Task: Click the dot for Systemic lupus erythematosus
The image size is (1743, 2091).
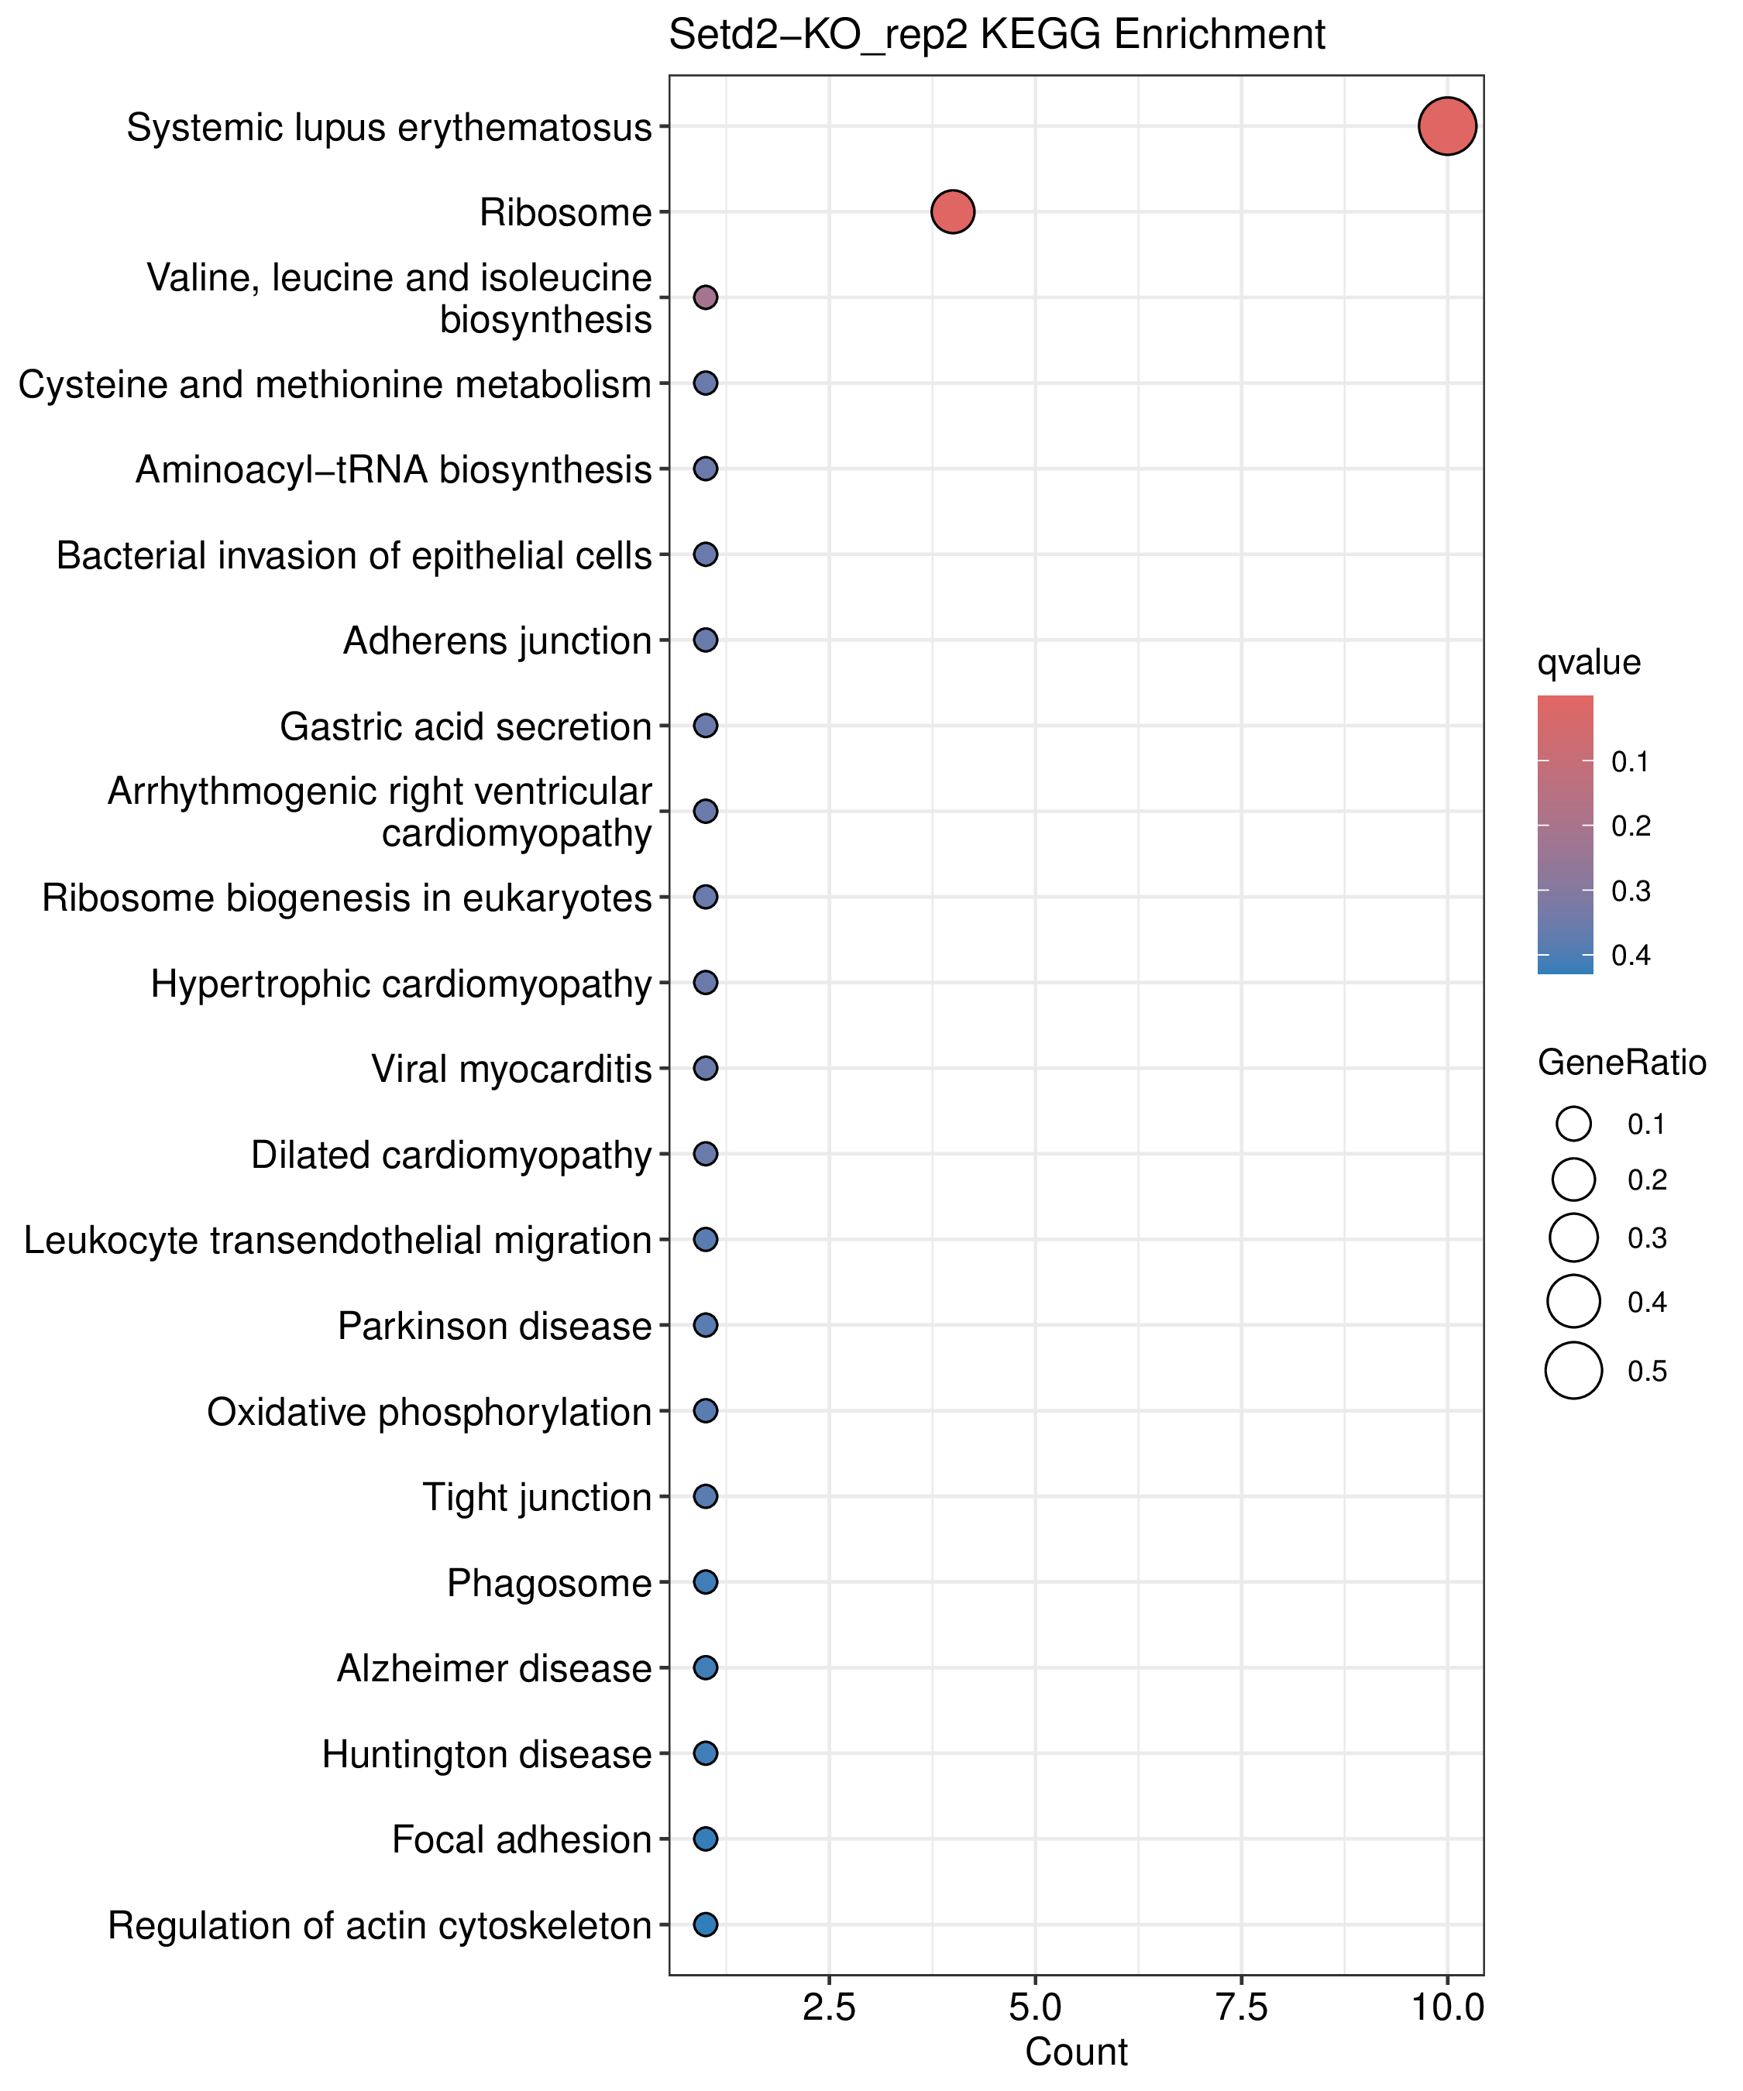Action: coord(1447,126)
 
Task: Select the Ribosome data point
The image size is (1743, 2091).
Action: coord(952,212)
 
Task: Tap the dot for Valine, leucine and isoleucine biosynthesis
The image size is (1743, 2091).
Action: coord(705,297)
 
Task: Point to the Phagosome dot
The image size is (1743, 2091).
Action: coord(705,1582)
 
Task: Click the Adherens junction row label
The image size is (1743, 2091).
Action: coord(497,641)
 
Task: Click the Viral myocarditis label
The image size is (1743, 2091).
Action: coord(512,1070)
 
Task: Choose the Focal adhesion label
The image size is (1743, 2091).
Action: coord(522,1840)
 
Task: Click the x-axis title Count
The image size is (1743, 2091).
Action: coord(1077,2053)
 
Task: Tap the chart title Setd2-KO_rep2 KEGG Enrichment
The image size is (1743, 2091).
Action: coord(997,35)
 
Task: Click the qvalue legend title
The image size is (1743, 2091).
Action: coord(1589,663)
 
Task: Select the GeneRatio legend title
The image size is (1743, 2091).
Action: coord(1622,1063)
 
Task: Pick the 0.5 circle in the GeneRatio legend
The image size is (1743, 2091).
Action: coord(1573,1371)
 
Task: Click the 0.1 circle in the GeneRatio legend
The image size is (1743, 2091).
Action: coord(1573,1124)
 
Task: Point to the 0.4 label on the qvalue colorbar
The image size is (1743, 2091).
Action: coord(1631,956)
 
